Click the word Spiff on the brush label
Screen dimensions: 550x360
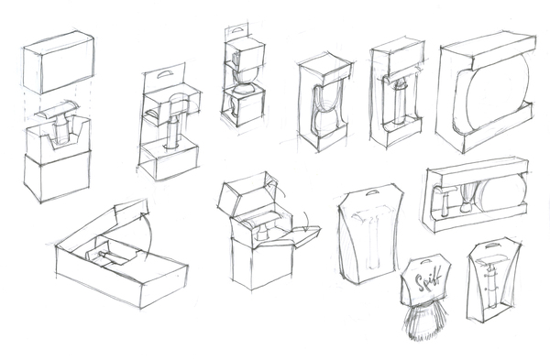pos(427,278)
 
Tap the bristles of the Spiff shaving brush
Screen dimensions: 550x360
pos(423,322)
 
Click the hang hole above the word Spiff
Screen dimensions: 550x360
pos(426,260)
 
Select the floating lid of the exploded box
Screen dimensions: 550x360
pos(59,62)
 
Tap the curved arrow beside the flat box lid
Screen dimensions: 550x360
pos(148,235)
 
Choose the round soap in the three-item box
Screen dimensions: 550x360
pos(504,191)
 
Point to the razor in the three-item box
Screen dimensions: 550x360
pos(444,201)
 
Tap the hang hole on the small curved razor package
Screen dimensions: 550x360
pos(492,245)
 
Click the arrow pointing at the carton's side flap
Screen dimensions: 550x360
pos(306,223)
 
